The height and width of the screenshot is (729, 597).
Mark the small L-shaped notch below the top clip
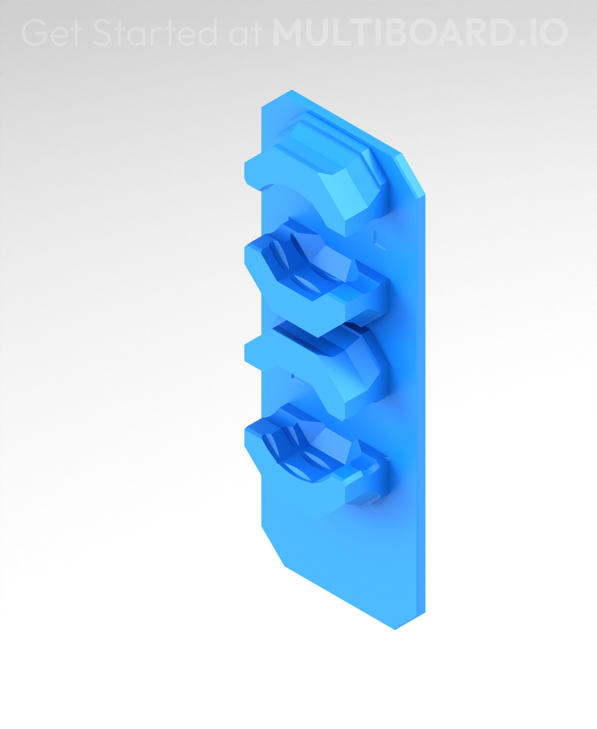(377, 239)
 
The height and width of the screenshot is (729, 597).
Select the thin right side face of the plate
(420, 406)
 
